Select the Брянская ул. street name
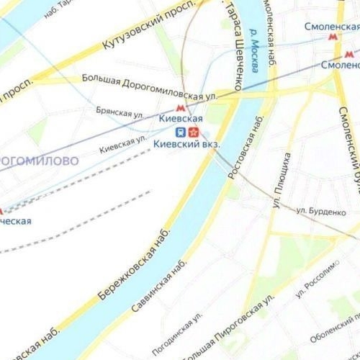click(120, 113)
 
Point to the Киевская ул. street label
click(123, 141)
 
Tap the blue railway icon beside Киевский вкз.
click(181, 132)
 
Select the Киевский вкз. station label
click(187, 144)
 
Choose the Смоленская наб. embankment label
click(269, 36)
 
